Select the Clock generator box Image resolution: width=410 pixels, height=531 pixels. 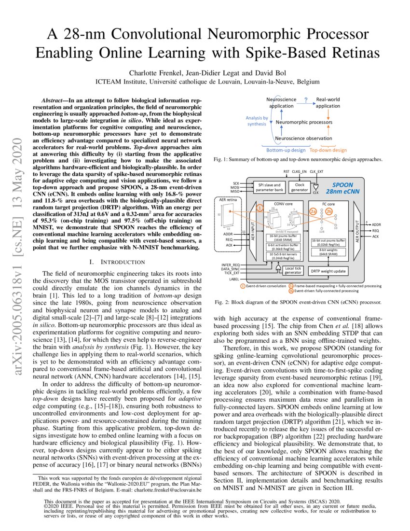[299, 187]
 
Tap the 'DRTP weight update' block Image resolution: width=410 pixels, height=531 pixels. [328, 271]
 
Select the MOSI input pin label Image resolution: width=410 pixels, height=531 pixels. [236, 187]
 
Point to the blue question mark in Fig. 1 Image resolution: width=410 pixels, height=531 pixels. [306, 100]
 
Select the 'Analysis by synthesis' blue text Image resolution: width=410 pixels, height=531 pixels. [256, 121]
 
